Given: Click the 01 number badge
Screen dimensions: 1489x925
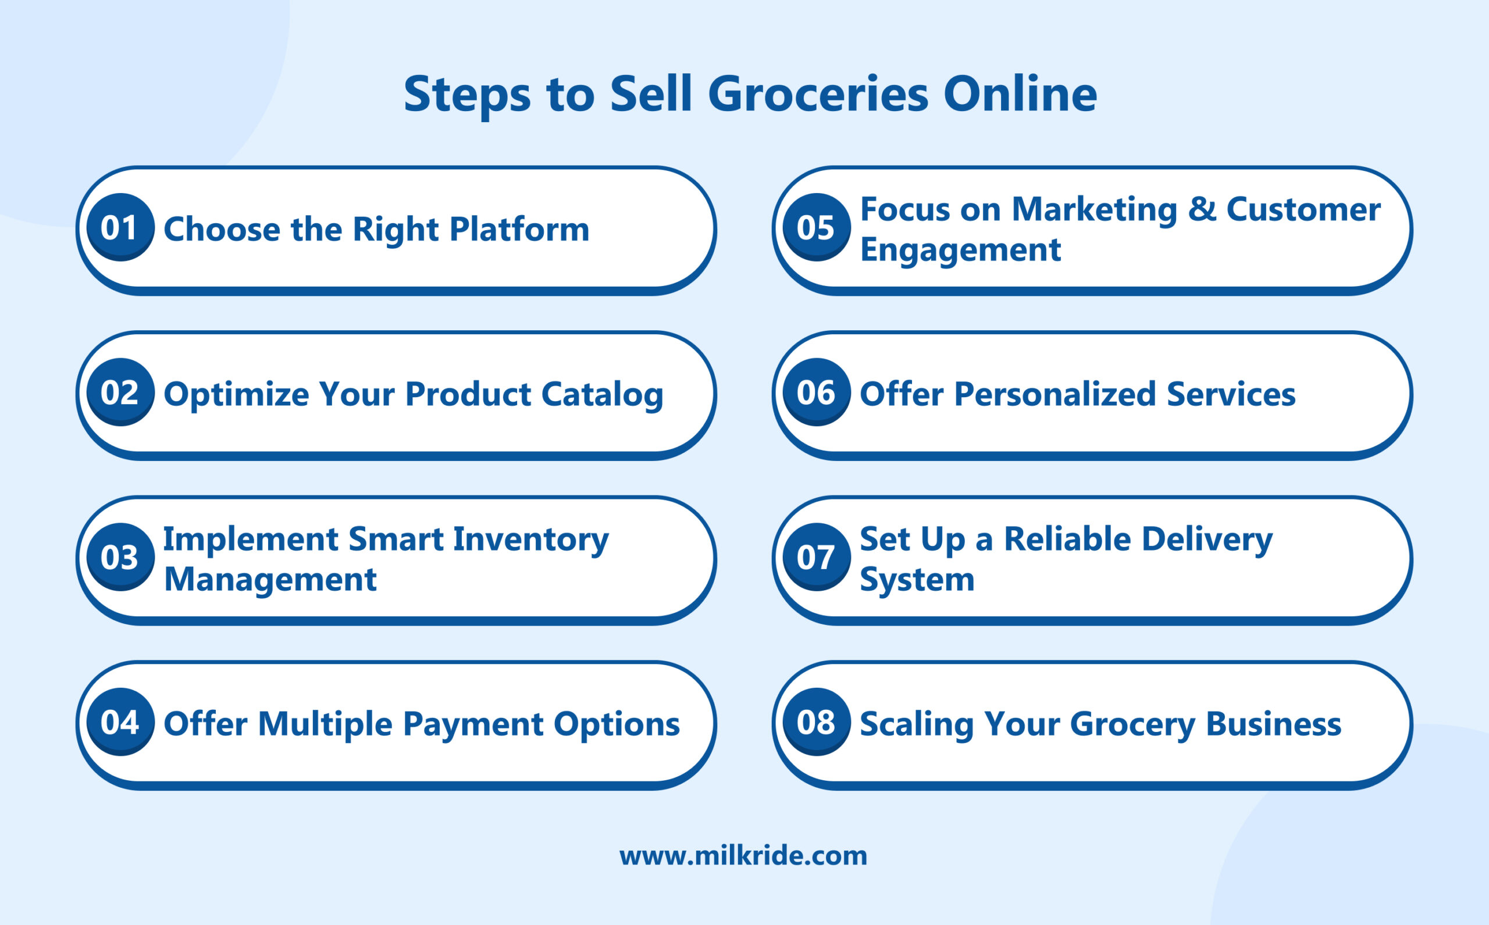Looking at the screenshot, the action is tap(120, 227).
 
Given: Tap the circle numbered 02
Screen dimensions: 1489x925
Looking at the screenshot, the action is tap(120, 392).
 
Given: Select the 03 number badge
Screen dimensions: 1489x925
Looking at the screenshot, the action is tap(120, 557).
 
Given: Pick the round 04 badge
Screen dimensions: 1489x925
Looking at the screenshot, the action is tap(120, 722).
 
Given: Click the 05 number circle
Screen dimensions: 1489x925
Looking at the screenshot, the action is tap(817, 227).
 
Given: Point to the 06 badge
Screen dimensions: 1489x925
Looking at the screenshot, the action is tap(817, 392).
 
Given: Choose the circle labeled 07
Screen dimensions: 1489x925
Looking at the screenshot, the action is tap(817, 557).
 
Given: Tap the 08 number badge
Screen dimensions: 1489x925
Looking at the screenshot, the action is tap(817, 722).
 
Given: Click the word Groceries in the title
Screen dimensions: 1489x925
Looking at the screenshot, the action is tap(818, 95).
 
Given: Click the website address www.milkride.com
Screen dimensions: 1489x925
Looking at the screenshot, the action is tap(743, 855).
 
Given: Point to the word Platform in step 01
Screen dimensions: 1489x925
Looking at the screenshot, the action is tap(519, 229).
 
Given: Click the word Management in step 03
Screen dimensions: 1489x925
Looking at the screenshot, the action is tap(270, 579).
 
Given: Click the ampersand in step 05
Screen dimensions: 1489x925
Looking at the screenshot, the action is tap(1201, 209).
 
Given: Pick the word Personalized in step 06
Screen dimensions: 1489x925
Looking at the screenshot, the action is tap(1055, 394).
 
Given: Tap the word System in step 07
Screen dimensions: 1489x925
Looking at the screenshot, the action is tap(917, 579).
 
